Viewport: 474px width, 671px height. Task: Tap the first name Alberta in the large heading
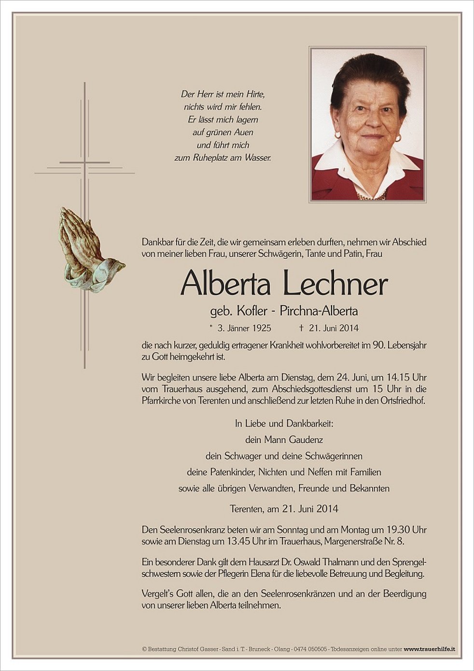click(x=225, y=284)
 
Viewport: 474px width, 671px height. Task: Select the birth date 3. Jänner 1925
click(x=244, y=328)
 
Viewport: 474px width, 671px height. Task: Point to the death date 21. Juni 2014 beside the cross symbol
click(x=334, y=328)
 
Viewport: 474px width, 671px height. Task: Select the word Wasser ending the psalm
click(x=258, y=158)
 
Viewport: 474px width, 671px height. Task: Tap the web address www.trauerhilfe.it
click(x=430, y=649)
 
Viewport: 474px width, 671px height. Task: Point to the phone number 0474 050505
click(x=310, y=649)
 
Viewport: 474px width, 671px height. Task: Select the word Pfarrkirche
click(x=164, y=401)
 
